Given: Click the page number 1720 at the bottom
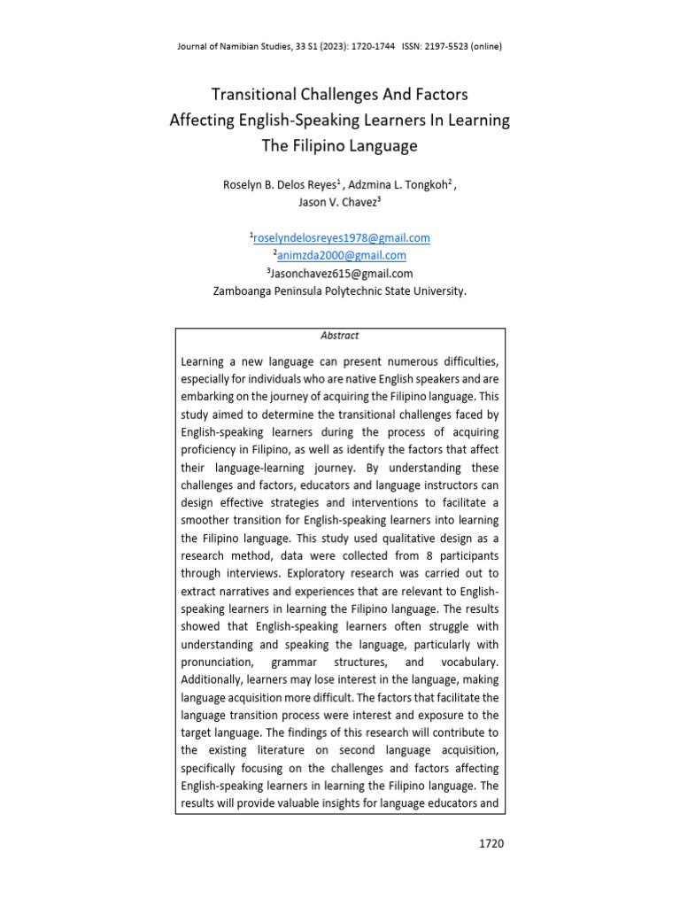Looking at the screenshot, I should [489, 843].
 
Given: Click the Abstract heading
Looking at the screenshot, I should [340, 336].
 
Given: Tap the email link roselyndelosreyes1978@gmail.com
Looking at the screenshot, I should [342, 237].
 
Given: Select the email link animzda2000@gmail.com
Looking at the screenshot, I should [342, 255].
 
